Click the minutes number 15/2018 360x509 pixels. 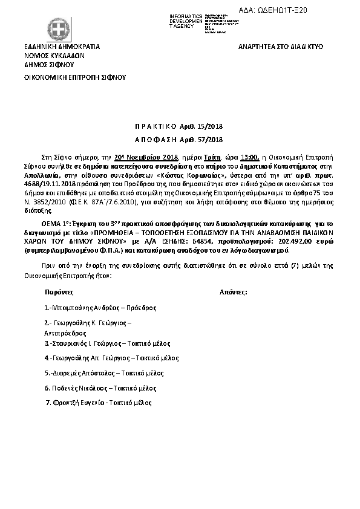pyautogui.click(x=211, y=126)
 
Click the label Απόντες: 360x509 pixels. pyautogui.click(x=234, y=291)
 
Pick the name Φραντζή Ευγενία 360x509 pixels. pyautogui.click(x=79, y=403)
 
